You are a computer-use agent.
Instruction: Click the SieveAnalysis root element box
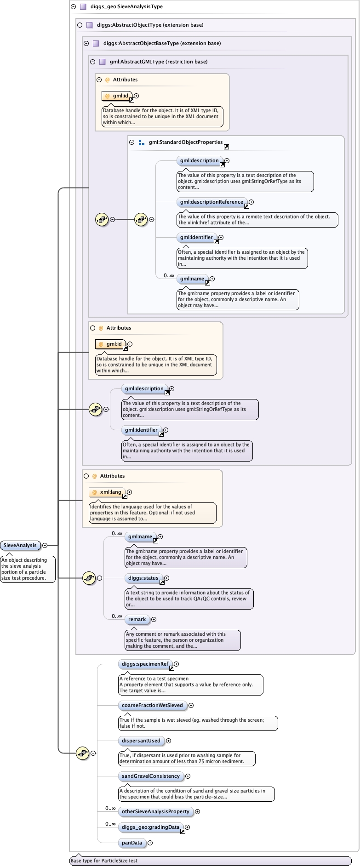[x=20, y=545]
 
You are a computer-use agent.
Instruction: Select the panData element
[x=132, y=843]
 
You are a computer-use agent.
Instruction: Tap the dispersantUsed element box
[x=141, y=741]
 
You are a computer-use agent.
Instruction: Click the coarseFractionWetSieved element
[x=152, y=705]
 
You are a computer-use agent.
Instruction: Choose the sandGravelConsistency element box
[x=151, y=776]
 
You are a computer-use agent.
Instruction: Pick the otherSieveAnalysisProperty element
[x=155, y=811]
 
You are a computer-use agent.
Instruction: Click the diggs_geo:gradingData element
[x=151, y=827]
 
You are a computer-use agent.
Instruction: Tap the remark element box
[x=137, y=619]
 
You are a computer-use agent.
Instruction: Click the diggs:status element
[x=143, y=578]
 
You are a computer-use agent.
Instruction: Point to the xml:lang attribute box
[x=108, y=492]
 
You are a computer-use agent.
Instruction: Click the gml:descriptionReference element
[x=211, y=202]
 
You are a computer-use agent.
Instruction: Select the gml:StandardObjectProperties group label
[x=186, y=143]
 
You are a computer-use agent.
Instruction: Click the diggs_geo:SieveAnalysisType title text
[x=126, y=7]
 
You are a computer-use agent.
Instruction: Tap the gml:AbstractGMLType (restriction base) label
[x=159, y=62]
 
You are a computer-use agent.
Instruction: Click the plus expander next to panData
[x=150, y=843]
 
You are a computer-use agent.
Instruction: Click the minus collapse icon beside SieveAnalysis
[x=45, y=545]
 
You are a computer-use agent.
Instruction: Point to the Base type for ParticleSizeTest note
[x=104, y=861]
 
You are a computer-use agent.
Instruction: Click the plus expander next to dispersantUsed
[x=168, y=741]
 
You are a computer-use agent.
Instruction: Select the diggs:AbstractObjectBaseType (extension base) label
[x=162, y=43]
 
